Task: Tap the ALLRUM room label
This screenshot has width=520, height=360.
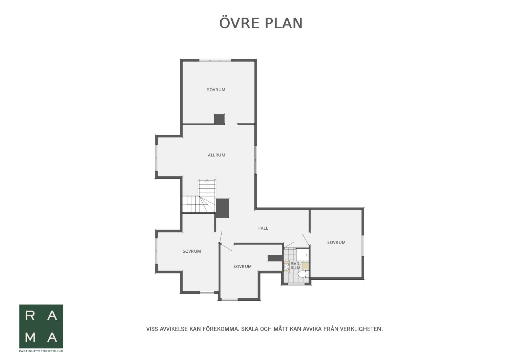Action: click(216, 155)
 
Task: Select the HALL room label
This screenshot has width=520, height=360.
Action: click(263, 228)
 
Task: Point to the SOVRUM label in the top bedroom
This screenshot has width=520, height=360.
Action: click(216, 90)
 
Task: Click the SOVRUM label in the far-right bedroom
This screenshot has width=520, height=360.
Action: click(336, 242)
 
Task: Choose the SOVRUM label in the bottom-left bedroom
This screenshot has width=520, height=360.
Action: click(191, 251)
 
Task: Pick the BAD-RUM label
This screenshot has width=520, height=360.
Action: click(295, 266)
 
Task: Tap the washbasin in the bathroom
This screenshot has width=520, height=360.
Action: click(287, 267)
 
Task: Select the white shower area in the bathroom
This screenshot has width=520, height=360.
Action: click(303, 255)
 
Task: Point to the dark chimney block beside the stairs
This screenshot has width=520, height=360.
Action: click(222, 208)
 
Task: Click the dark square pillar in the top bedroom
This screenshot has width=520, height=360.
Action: click(219, 120)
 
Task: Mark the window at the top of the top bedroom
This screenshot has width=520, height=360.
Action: click(215, 60)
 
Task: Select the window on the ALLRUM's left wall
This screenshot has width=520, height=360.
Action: click(157, 157)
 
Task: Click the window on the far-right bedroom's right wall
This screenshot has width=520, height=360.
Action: click(362, 246)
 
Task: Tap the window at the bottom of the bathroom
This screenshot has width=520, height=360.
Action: click(296, 284)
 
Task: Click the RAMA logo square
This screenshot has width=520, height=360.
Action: click(41, 326)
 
